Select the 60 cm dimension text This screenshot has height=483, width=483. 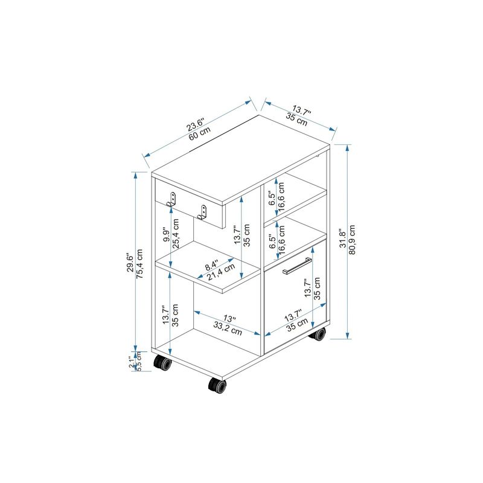point(200,135)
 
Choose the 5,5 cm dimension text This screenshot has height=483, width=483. point(138,362)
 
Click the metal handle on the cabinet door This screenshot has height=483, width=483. point(297,265)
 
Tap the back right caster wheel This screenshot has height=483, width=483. point(319,334)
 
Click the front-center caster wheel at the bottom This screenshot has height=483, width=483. point(217,385)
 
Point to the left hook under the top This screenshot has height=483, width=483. point(173,199)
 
